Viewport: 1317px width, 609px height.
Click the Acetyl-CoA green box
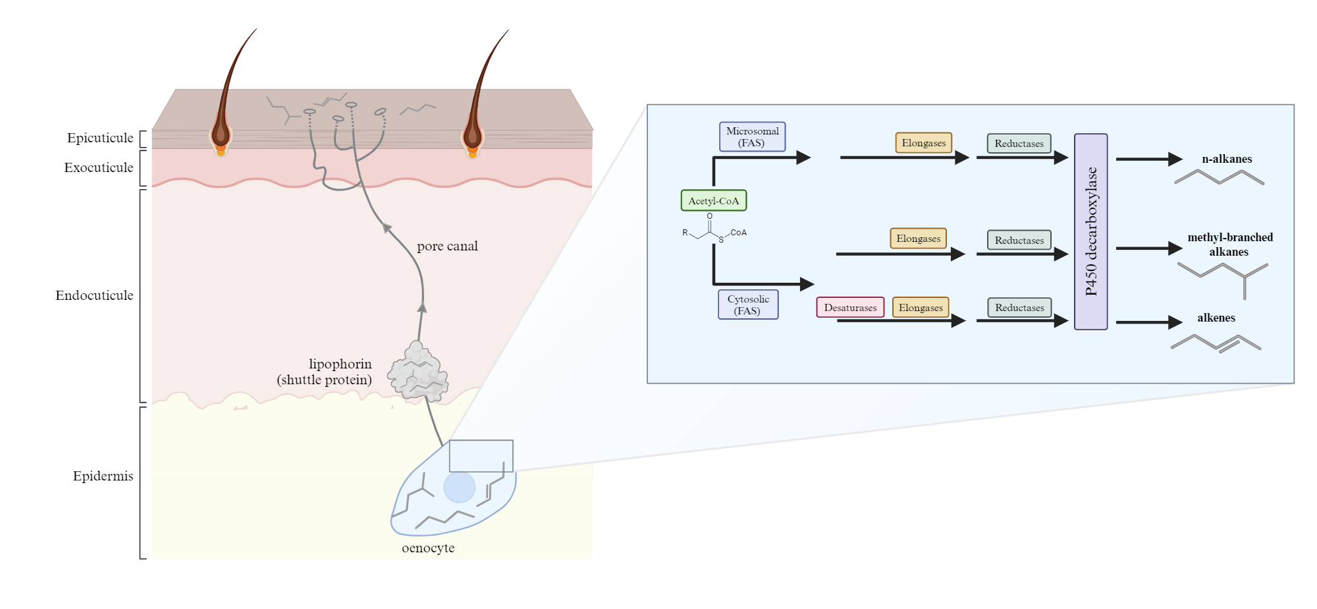pyautogui.click(x=713, y=200)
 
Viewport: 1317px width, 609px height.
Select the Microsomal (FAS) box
pyautogui.click(x=752, y=136)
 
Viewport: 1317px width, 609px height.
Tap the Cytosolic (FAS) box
pyautogui.click(x=748, y=304)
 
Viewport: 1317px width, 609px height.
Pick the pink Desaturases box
pyautogui.click(x=850, y=307)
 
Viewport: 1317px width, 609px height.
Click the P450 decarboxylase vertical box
pyautogui.click(x=1090, y=231)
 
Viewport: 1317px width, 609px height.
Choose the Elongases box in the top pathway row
pyautogui.click(x=923, y=142)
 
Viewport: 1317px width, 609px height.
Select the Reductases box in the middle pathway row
pyautogui.click(x=1019, y=240)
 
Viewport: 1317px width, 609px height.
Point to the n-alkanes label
pyautogui.click(x=1227, y=159)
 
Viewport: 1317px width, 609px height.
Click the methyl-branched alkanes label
pyautogui.click(x=1229, y=244)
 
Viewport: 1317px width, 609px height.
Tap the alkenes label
pyautogui.click(x=1216, y=318)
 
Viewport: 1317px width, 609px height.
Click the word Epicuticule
pyautogui.click(x=100, y=138)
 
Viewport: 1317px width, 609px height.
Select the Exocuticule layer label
pyautogui.click(x=99, y=167)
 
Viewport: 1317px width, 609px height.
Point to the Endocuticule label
pyautogui.click(x=94, y=295)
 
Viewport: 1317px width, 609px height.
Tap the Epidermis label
pyautogui.click(x=103, y=476)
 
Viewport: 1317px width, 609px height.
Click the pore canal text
pyautogui.click(x=447, y=246)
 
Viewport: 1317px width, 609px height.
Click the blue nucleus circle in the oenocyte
pyautogui.click(x=459, y=488)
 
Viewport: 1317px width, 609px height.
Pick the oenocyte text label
pyautogui.click(x=428, y=548)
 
